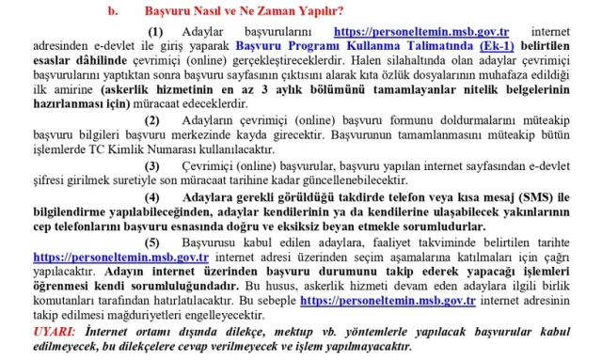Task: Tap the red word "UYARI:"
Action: click(55, 334)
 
